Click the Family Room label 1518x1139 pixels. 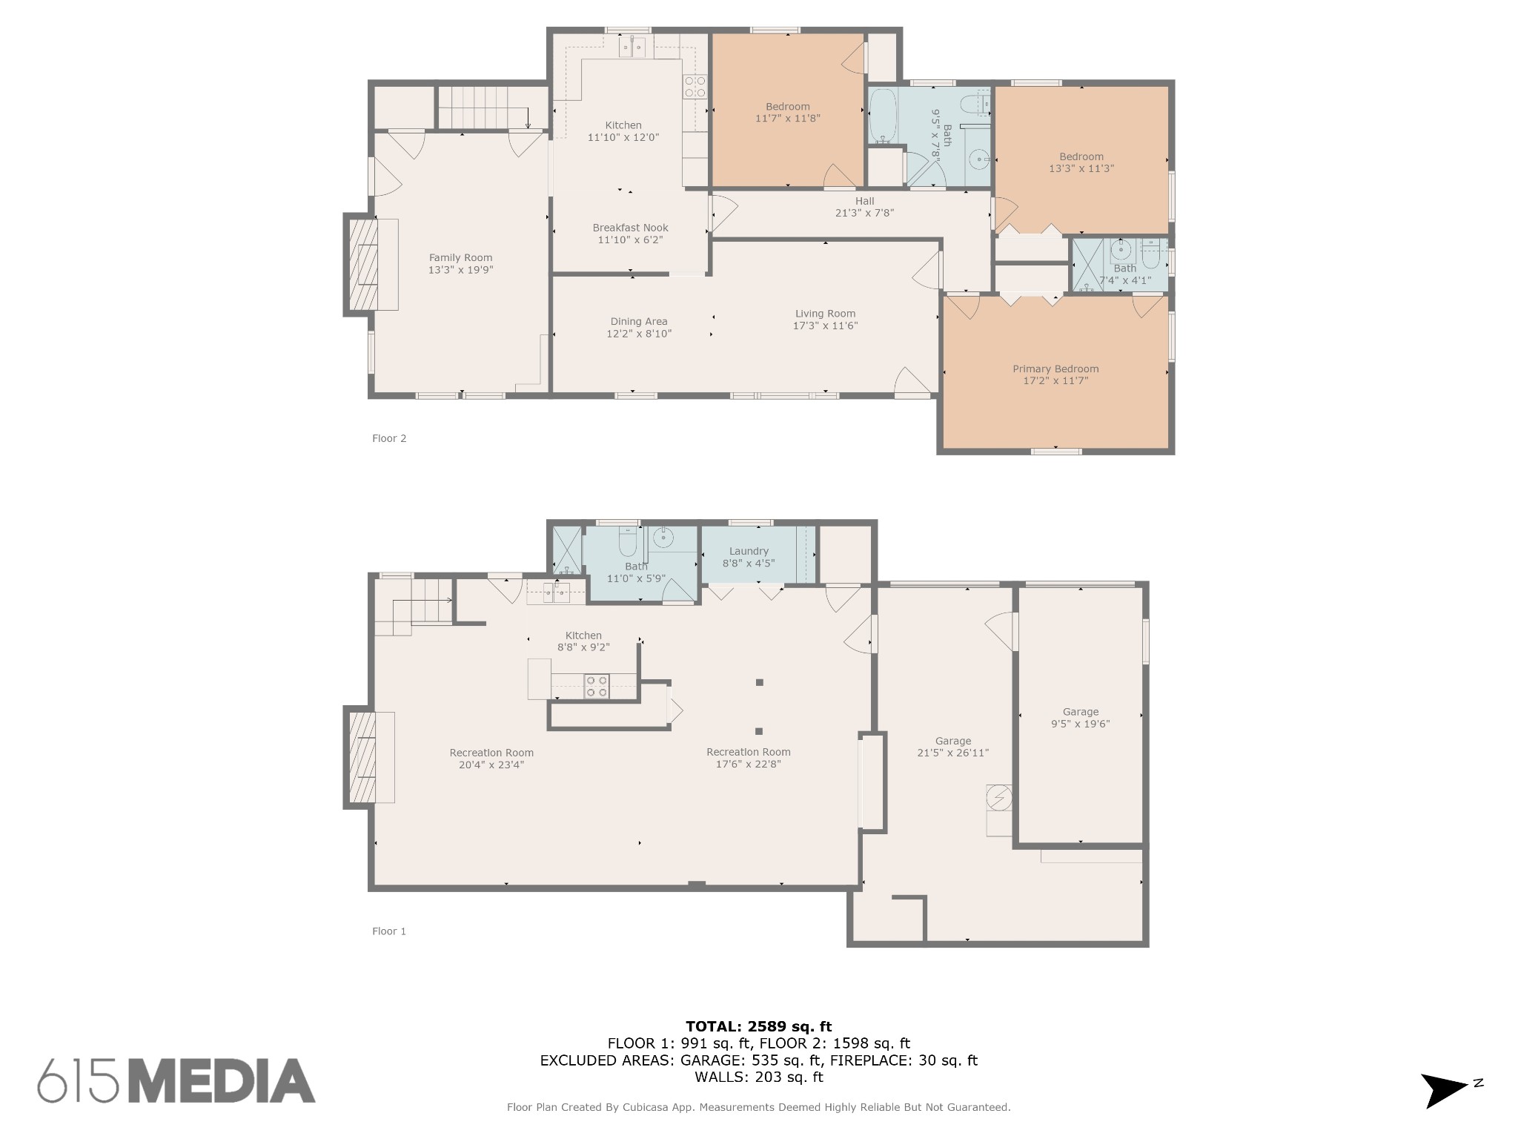(460, 258)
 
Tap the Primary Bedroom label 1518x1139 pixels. (1055, 369)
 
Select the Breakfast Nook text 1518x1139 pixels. (630, 228)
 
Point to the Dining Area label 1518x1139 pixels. (639, 322)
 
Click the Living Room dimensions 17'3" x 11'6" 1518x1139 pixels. (825, 326)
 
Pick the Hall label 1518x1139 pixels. (864, 201)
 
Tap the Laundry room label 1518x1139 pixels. (749, 551)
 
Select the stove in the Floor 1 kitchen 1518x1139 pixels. (597, 686)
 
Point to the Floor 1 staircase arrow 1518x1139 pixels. (422, 599)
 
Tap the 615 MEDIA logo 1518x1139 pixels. (176, 1080)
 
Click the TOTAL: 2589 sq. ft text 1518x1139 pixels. (758, 1026)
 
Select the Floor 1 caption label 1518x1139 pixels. (389, 931)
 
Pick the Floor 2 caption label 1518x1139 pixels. (389, 438)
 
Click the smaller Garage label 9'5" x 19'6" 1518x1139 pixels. (1080, 718)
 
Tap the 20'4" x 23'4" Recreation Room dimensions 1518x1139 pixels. (491, 765)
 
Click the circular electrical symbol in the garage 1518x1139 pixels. (998, 797)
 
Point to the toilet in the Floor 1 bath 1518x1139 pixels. (628, 544)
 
